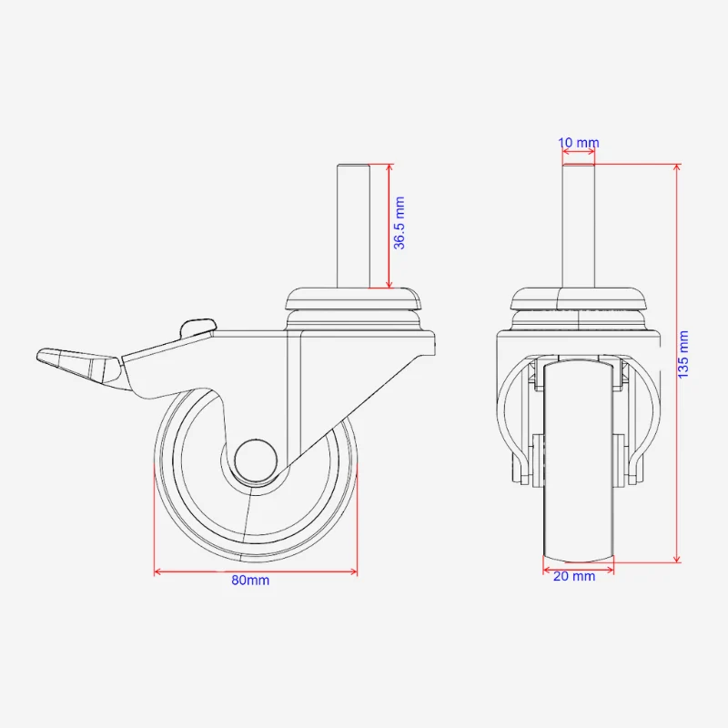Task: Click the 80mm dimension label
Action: (x=250, y=581)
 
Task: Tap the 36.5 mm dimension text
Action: (x=399, y=223)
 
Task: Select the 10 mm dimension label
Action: (x=579, y=143)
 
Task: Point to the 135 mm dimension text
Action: (x=683, y=354)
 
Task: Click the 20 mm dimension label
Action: (x=574, y=576)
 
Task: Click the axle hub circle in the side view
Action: (x=256, y=460)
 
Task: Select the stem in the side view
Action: (x=353, y=226)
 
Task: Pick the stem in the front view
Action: (x=579, y=226)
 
